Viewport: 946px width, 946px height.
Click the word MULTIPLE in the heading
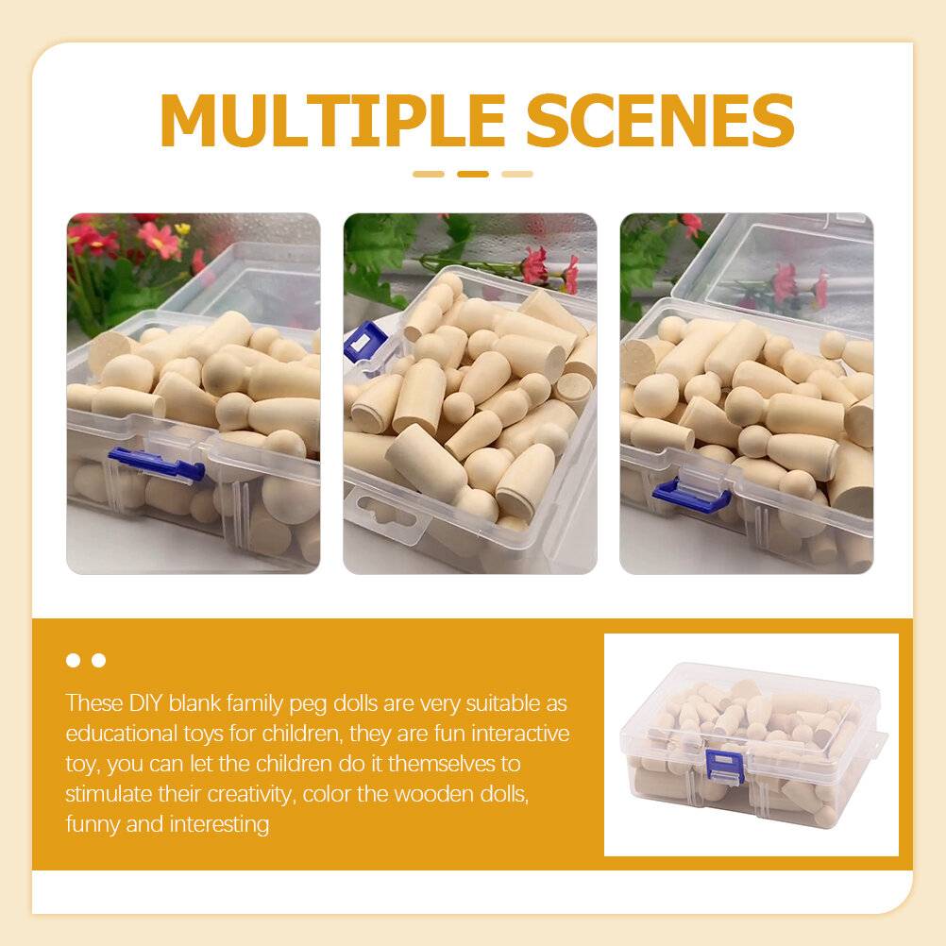click(332, 120)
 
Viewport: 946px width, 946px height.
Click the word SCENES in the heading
click(660, 120)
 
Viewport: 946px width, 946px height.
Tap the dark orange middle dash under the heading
click(473, 175)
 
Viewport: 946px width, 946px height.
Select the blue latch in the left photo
click(157, 465)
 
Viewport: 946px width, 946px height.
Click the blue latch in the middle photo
click(364, 342)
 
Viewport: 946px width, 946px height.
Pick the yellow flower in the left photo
click(182, 229)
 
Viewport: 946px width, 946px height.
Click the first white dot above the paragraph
click(73, 660)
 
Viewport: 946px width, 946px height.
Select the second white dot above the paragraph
click(99, 660)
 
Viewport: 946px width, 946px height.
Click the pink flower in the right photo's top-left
click(691, 224)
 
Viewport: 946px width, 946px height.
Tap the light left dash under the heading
click(429, 175)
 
